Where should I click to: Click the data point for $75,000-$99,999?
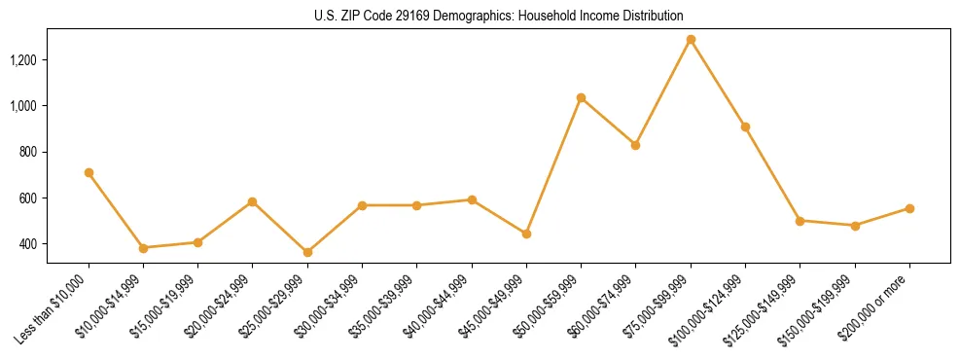point(691,40)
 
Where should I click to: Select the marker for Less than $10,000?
point(89,172)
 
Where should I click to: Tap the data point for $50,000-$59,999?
point(581,97)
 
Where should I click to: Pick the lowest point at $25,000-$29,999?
point(307,252)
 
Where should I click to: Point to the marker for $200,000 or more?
point(909,208)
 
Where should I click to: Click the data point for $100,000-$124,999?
point(745,126)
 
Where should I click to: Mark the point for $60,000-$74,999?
point(635,145)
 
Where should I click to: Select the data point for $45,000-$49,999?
point(526,234)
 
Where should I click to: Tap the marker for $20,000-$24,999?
point(252,201)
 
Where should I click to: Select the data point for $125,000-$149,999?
point(800,221)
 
